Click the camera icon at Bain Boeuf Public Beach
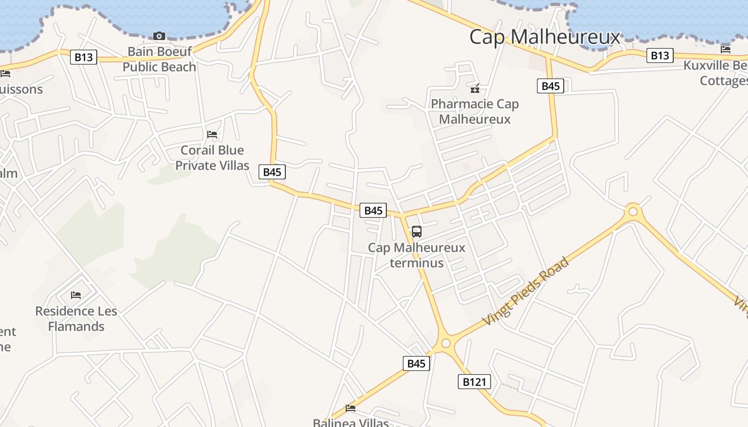click(159, 36)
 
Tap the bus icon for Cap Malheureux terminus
click(416, 232)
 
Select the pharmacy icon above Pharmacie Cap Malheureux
click(474, 89)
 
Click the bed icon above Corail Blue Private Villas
click(212, 135)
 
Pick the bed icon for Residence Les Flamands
click(76, 295)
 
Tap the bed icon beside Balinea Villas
click(350, 408)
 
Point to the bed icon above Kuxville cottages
click(726, 50)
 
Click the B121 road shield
click(474, 382)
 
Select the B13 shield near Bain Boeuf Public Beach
click(83, 57)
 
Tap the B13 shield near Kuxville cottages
click(660, 55)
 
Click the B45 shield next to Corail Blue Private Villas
click(272, 172)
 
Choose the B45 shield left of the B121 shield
click(416, 363)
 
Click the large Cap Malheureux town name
click(544, 37)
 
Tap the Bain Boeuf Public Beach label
click(159, 59)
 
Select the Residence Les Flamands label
click(76, 319)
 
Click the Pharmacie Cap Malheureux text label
click(474, 112)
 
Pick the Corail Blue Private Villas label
click(212, 158)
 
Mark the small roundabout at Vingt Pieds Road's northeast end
click(633, 212)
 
